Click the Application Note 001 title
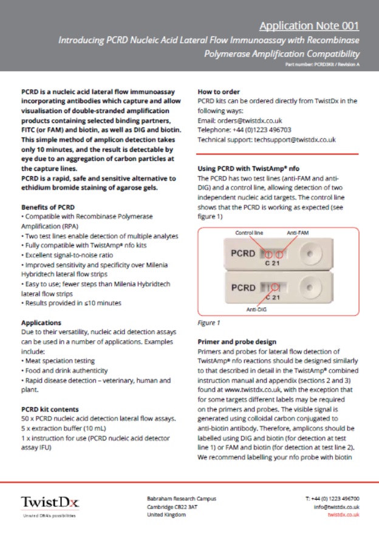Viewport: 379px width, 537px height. [x=309, y=26]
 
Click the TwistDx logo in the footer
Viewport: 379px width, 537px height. [x=50, y=502]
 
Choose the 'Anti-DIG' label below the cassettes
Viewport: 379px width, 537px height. [x=257, y=309]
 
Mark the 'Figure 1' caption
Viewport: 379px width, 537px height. [x=209, y=323]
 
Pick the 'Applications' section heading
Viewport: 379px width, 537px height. [x=41, y=323]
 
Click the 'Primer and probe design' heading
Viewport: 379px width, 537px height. [x=237, y=342]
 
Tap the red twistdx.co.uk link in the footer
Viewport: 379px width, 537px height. [x=343, y=515]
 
